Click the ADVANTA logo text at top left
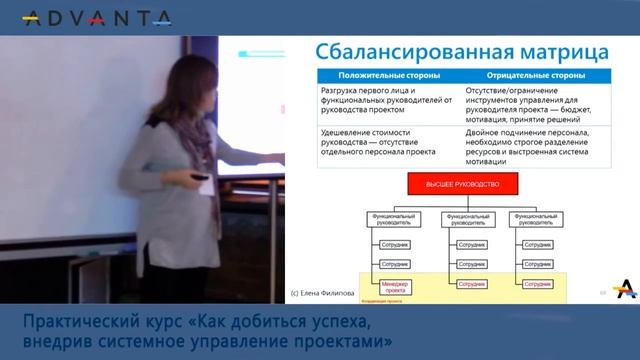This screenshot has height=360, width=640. (96, 18)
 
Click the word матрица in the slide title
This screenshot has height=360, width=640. (561, 51)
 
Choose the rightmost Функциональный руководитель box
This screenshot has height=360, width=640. (535, 219)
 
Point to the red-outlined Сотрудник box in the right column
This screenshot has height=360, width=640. (541, 285)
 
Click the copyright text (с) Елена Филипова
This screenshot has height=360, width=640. (322, 294)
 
